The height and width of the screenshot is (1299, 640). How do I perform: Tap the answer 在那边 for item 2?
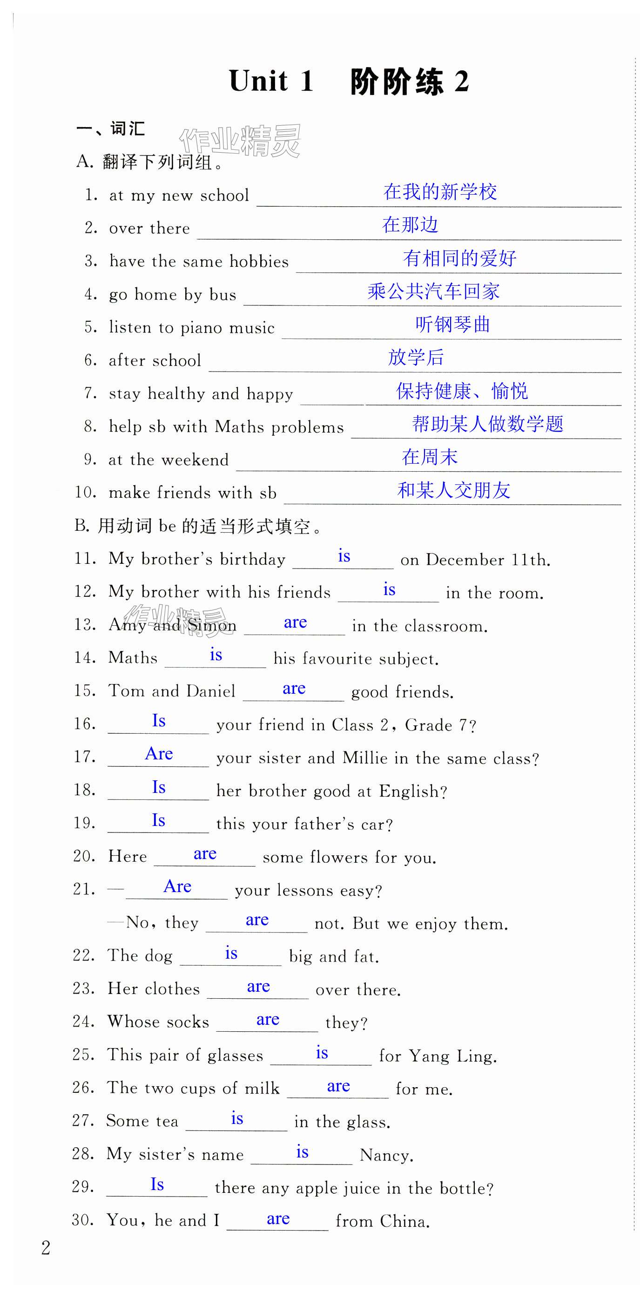[x=410, y=225]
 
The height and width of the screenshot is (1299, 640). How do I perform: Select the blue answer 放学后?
[x=416, y=358]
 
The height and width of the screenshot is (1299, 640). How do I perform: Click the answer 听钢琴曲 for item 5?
[x=452, y=324]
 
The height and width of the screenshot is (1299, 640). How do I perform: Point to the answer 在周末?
[x=429, y=457]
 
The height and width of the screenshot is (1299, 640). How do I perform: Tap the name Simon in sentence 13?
[x=212, y=626]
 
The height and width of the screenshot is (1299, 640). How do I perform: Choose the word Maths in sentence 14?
[x=133, y=658]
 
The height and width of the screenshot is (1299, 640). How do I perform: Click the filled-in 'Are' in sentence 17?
[x=159, y=754]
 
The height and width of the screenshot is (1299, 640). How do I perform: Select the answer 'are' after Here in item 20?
[x=205, y=854]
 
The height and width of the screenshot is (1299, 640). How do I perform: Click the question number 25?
[x=83, y=1055]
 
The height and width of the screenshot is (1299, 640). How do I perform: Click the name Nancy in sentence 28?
[x=386, y=1155]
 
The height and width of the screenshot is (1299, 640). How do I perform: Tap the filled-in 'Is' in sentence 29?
[x=157, y=1184]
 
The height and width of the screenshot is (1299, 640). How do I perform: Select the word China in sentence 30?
[x=404, y=1221]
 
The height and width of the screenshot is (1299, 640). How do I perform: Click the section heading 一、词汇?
[x=110, y=129]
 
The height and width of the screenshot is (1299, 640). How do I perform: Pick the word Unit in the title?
[x=258, y=81]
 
